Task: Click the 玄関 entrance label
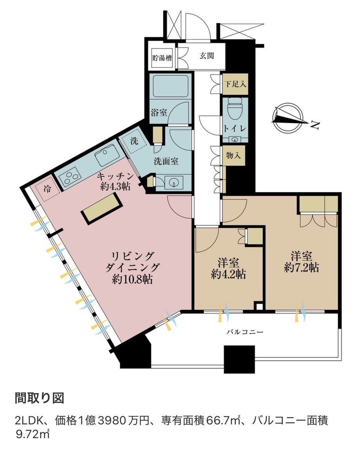[206, 56]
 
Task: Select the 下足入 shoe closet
[235, 84]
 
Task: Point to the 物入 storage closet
[233, 155]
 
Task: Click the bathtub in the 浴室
[170, 86]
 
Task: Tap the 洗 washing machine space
[134, 141]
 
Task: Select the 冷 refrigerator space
[47, 189]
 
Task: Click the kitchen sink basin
[107, 154]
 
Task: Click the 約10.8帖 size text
[132, 279]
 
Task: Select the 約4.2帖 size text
[228, 275]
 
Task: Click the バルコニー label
[245, 332]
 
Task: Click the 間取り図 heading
[40, 398]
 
